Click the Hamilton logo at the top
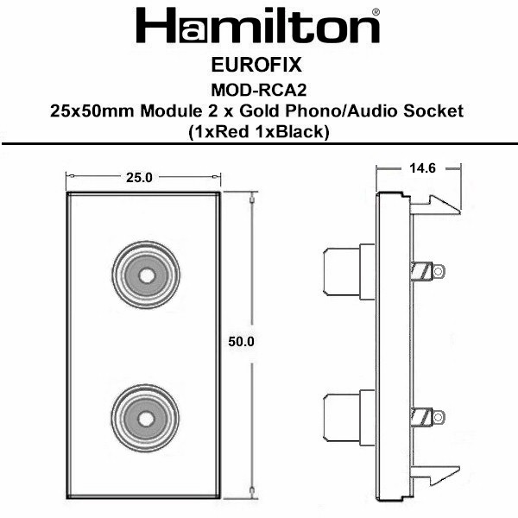[x=257, y=26]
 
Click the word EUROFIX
[x=256, y=65]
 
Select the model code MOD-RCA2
[x=259, y=90]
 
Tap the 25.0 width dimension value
[x=139, y=178]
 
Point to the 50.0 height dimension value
[x=241, y=342]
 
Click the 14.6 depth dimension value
[x=422, y=168]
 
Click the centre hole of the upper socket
[x=147, y=275]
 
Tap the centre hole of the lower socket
[x=146, y=420]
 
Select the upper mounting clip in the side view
[x=435, y=205]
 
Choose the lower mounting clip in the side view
[x=435, y=476]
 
